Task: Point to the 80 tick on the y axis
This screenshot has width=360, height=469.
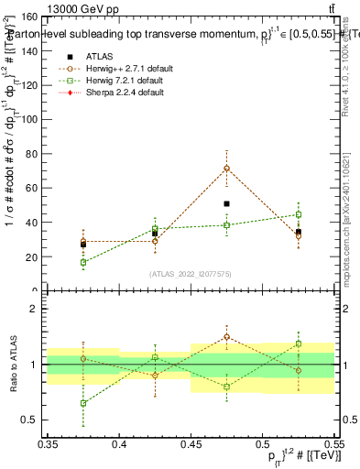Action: pos(35,154)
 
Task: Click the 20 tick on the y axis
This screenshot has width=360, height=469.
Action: pos(35,256)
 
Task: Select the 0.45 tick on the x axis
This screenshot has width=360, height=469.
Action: pos(191,443)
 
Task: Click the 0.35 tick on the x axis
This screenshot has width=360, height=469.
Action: pos(48,443)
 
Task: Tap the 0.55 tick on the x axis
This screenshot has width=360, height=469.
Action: pos(333,443)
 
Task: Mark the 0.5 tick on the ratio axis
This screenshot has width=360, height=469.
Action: pos(35,420)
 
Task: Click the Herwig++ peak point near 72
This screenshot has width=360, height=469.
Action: pos(226,169)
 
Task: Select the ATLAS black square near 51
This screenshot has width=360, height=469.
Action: pos(226,203)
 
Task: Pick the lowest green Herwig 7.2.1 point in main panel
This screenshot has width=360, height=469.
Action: pos(83,262)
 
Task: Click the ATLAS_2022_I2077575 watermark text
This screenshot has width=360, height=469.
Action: pos(191,274)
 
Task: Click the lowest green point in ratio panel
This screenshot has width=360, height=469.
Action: pos(83,403)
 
